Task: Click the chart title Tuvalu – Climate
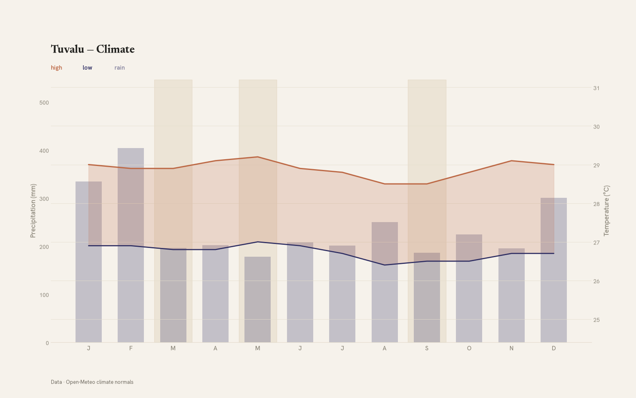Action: pos(93,49)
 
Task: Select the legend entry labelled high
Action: pos(56,68)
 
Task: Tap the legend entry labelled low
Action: pos(87,68)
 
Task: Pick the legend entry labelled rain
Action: pos(120,68)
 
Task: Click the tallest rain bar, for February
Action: pos(131,245)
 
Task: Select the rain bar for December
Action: pos(553,270)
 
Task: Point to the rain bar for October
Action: pos(469,288)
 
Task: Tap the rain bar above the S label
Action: pos(427,297)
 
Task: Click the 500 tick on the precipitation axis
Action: pos(44,103)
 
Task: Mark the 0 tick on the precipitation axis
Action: pos(47,343)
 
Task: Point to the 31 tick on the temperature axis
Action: pos(596,88)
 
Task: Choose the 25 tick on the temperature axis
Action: pos(596,320)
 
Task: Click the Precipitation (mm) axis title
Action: pos(33,211)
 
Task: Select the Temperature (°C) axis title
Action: pos(606,211)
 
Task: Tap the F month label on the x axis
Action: pos(131,348)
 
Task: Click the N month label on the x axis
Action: pos(511,348)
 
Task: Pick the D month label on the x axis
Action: pos(553,348)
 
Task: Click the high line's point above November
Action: pos(511,161)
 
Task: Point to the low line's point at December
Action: pos(553,253)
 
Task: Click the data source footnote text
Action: pos(92,382)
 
